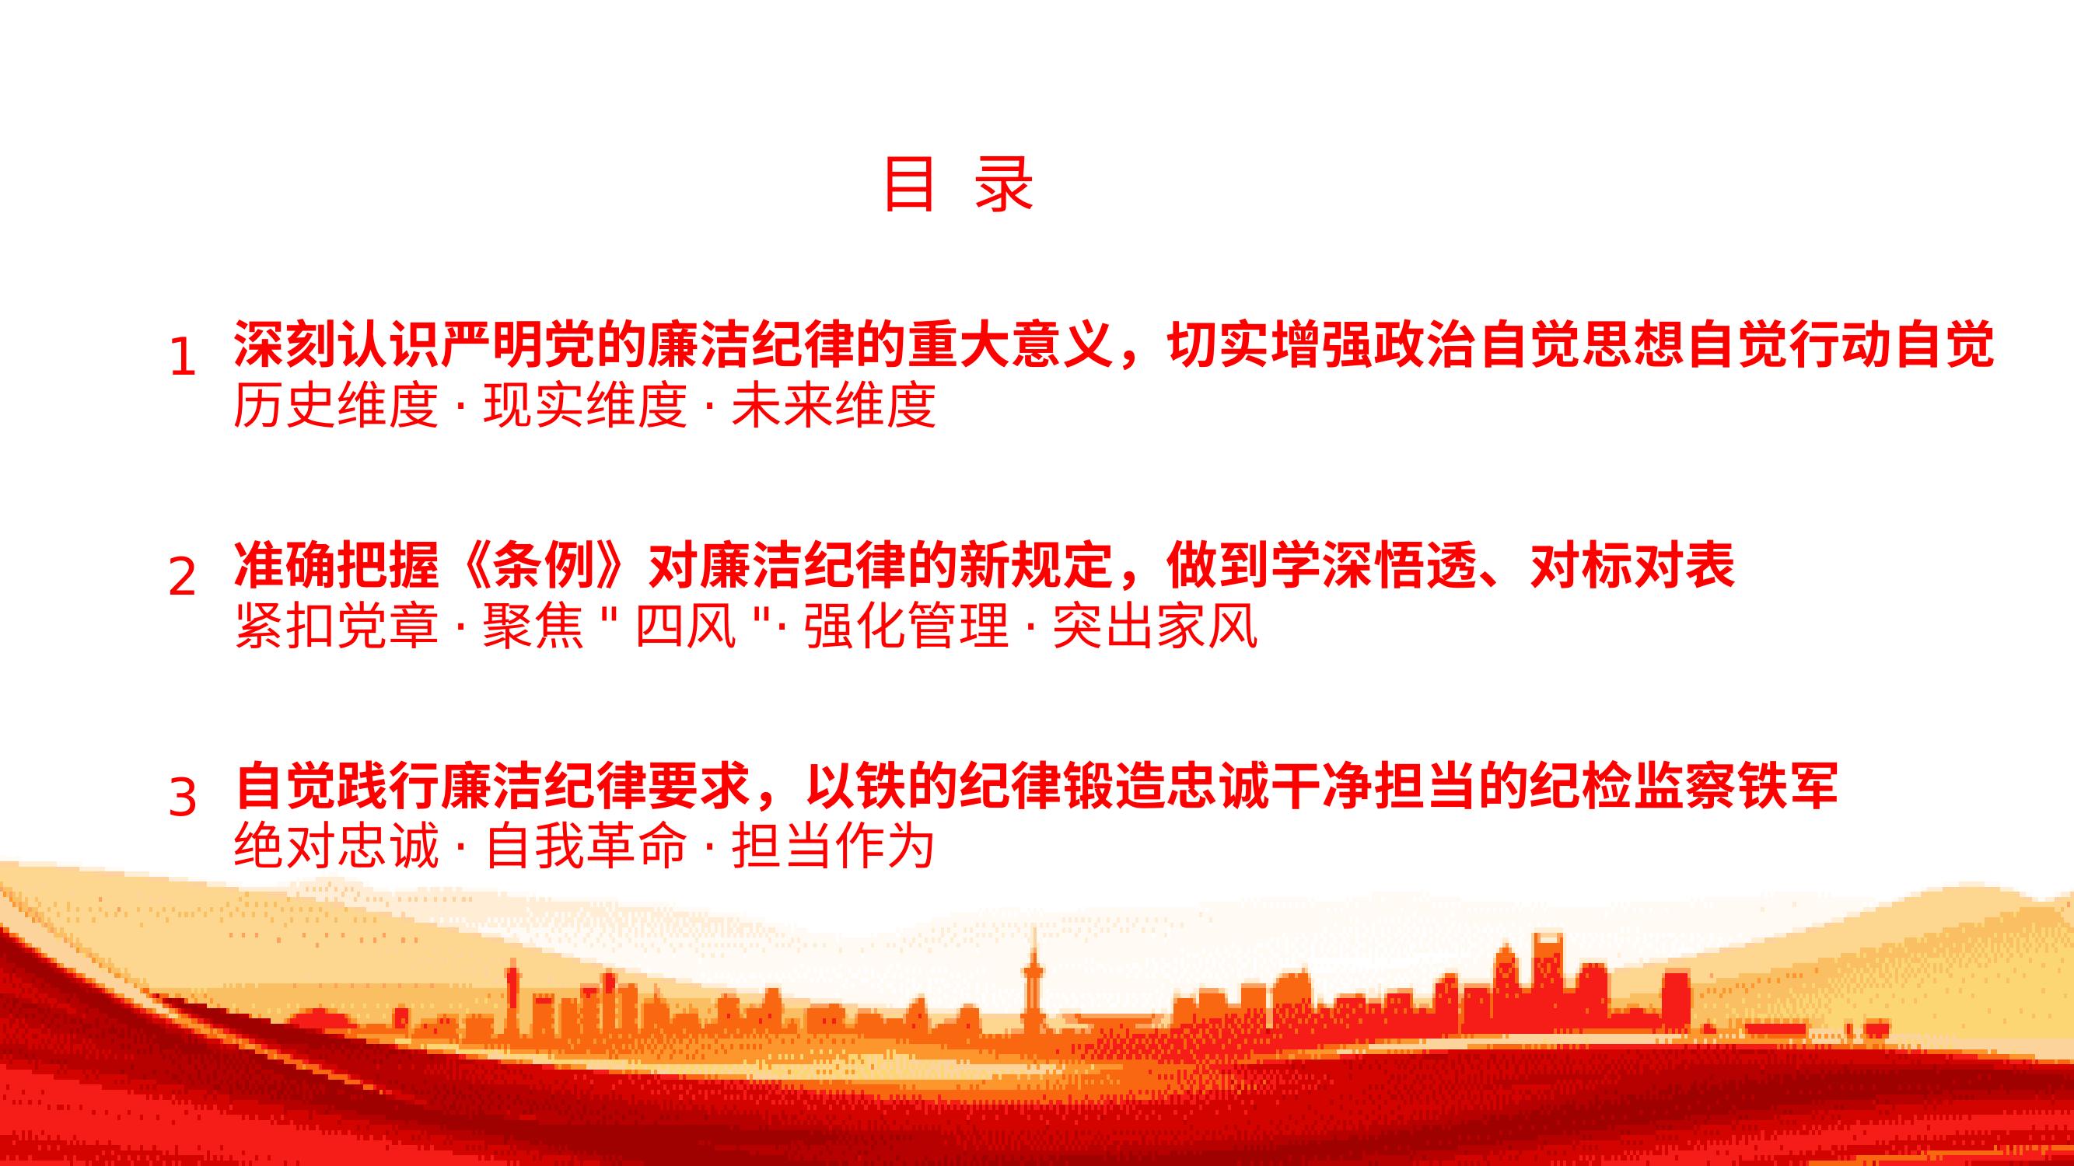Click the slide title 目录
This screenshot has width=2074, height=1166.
958,185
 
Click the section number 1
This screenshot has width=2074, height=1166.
184,357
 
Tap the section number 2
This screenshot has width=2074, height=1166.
183,576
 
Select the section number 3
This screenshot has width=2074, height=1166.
183,798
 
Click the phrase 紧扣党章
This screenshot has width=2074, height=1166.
336,625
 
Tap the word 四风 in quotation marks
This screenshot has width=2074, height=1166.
685,625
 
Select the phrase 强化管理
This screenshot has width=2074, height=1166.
906,625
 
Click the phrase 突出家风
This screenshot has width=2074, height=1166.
1155,625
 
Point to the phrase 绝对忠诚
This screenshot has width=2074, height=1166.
336,846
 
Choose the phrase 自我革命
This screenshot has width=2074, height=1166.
585,846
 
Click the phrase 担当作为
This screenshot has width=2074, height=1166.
834,846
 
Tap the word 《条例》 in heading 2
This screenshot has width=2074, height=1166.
544,566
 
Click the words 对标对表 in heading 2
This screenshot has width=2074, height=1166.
1632,566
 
